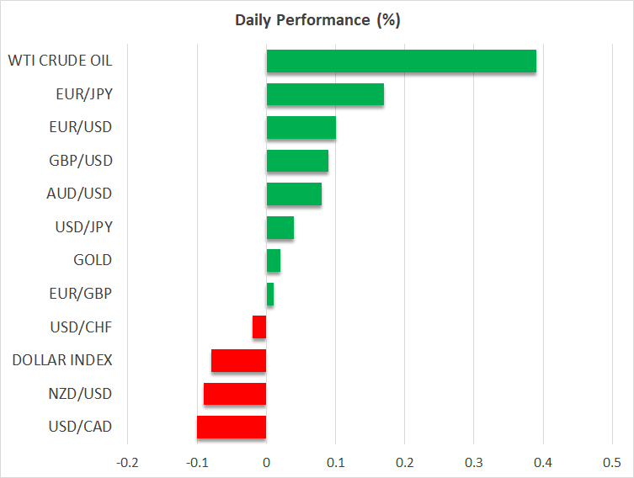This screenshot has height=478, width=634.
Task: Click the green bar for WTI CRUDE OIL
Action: (401, 61)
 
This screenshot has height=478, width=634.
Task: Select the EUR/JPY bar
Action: (325, 94)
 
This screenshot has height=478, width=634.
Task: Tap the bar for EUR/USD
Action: (301, 128)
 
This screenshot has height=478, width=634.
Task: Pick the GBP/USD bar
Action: (297, 161)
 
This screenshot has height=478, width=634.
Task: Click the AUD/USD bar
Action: (294, 194)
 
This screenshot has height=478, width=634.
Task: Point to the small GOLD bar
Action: (274, 261)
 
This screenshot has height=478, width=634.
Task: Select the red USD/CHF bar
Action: (259, 327)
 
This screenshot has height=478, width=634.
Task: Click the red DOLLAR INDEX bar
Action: (239, 361)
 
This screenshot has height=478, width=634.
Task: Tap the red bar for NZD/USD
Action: (235, 394)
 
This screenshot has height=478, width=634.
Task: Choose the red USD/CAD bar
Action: (232, 427)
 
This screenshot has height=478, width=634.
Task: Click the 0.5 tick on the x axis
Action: (612, 462)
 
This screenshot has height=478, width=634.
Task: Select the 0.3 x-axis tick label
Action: (474, 462)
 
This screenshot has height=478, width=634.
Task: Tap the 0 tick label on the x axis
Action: (266, 462)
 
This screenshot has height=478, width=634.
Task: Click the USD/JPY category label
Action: (84, 227)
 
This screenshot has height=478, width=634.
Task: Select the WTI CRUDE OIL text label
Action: (60, 61)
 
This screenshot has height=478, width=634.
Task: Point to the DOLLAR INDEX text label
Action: (62, 360)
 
